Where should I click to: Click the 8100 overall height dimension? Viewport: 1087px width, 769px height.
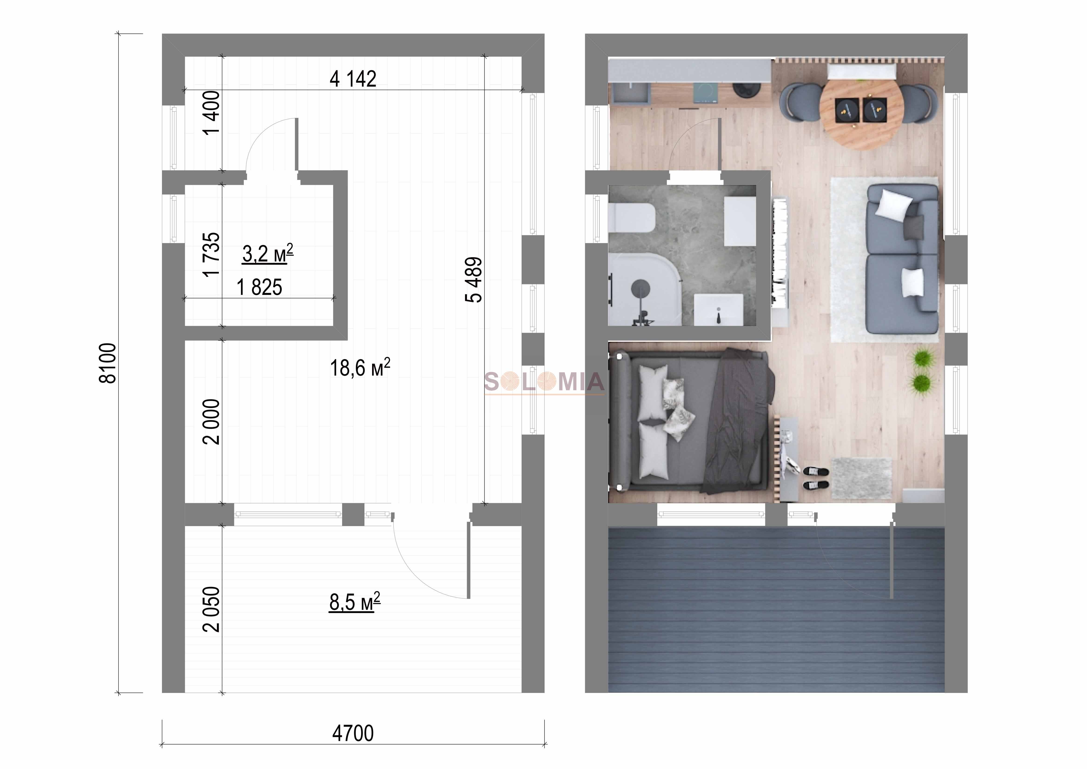tap(107, 363)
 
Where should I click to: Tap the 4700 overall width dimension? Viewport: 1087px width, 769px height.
tap(353, 733)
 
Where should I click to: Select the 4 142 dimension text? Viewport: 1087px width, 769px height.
tap(353, 79)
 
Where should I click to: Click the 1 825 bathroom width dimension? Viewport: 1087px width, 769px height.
tap(259, 287)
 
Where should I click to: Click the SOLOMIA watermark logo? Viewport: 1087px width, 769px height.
tap(545, 382)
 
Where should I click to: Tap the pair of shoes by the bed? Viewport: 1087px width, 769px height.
tap(816, 478)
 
